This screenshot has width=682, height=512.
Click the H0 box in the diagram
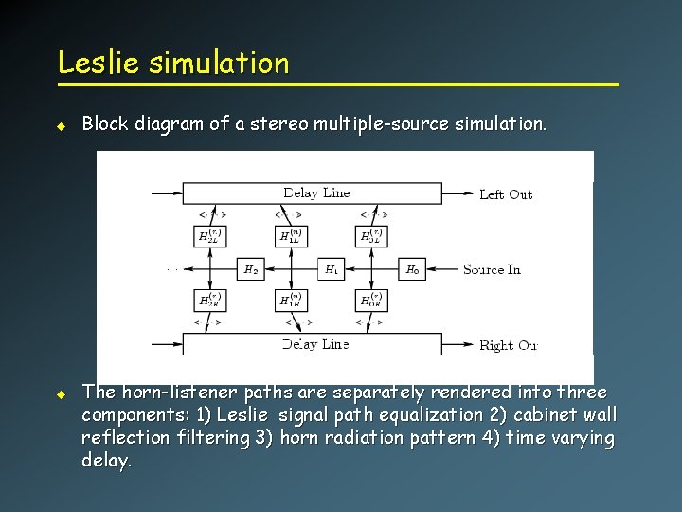[413, 269]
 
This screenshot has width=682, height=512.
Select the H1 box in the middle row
[332, 269]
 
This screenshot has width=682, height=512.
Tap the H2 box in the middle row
[250, 269]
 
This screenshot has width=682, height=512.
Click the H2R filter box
[209, 301]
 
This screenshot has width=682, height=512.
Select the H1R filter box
[291, 301]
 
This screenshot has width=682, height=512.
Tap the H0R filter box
[371, 301]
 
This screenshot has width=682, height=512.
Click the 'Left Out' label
[506, 194]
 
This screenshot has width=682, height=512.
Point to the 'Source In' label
[492, 269]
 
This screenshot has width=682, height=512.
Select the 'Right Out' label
[508, 345]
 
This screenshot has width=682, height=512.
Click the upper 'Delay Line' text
[316, 192]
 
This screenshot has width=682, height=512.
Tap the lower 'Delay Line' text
[316, 344]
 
